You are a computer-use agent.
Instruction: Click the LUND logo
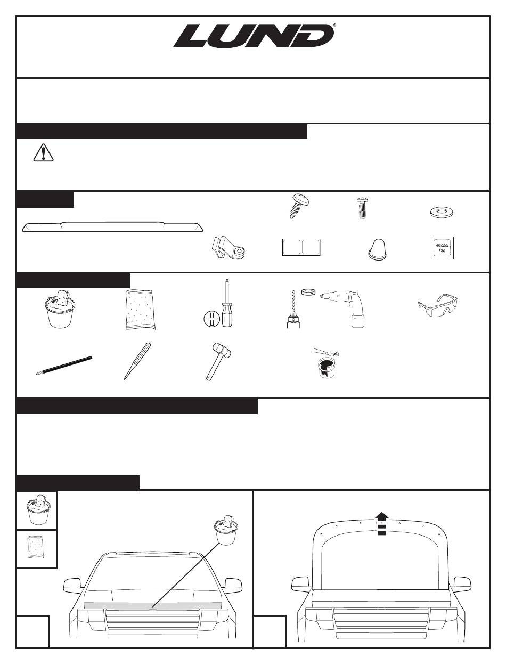(254, 36)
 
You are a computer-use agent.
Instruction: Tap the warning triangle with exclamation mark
(43, 153)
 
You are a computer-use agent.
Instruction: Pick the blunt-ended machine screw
(362, 208)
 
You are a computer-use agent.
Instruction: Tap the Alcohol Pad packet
(442, 248)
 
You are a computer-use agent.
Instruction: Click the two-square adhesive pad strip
(301, 247)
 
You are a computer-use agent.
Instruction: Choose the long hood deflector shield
(112, 226)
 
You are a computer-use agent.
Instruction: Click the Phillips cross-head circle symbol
(211, 319)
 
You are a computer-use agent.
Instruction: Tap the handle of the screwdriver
(227, 314)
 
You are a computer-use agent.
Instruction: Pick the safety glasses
(438, 305)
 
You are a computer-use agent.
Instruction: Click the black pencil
(63, 366)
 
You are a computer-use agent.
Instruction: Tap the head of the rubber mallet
(222, 351)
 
